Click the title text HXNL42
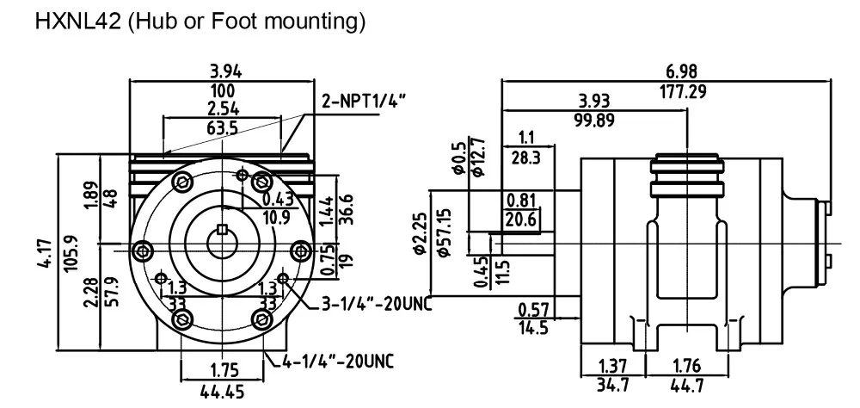pos(78,22)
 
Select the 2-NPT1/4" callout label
pos(364,102)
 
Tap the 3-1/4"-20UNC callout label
pos(377,304)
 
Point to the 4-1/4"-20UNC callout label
pos(338,361)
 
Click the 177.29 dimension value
pos(682,91)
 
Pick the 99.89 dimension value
pos(594,121)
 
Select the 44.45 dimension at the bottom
pos(222,392)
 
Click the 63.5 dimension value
pos(223,128)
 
